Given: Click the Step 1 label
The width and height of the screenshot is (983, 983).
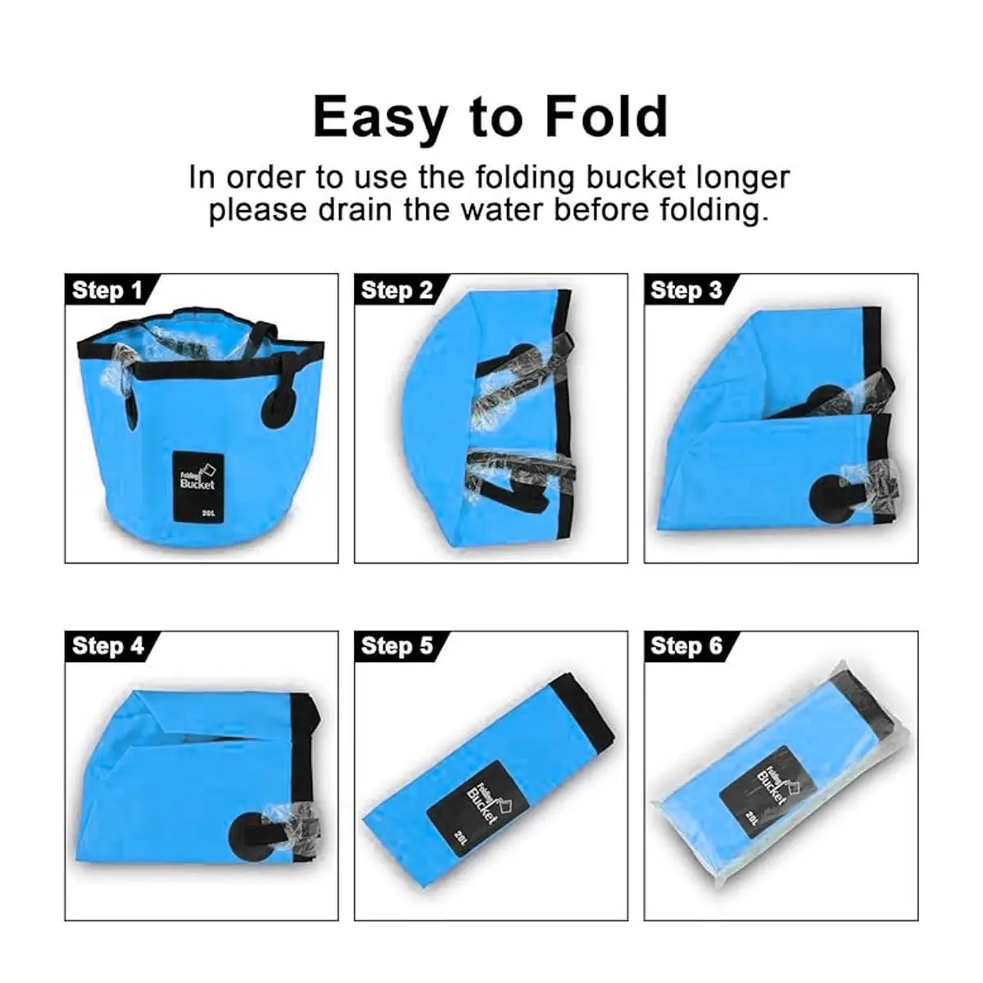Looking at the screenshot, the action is pyautogui.click(x=106, y=290).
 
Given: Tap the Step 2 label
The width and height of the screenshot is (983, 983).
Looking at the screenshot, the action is pyautogui.click(x=396, y=290).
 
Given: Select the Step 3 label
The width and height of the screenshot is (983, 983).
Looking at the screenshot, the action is pyautogui.click(x=686, y=290).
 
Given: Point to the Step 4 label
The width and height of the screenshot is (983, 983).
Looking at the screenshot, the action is pyautogui.click(x=107, y=646).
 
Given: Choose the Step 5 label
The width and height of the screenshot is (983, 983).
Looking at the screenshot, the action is pyautogui.click(x=396, y=646).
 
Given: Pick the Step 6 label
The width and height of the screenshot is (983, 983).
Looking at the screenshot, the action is pyautogui.click(x=686, y=646).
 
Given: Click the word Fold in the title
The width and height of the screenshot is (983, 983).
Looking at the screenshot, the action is pyautogui.click(x=606, y=117).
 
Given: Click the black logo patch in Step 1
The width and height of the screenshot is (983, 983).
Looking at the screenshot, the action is pyautogui.click(x=198, y=487).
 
